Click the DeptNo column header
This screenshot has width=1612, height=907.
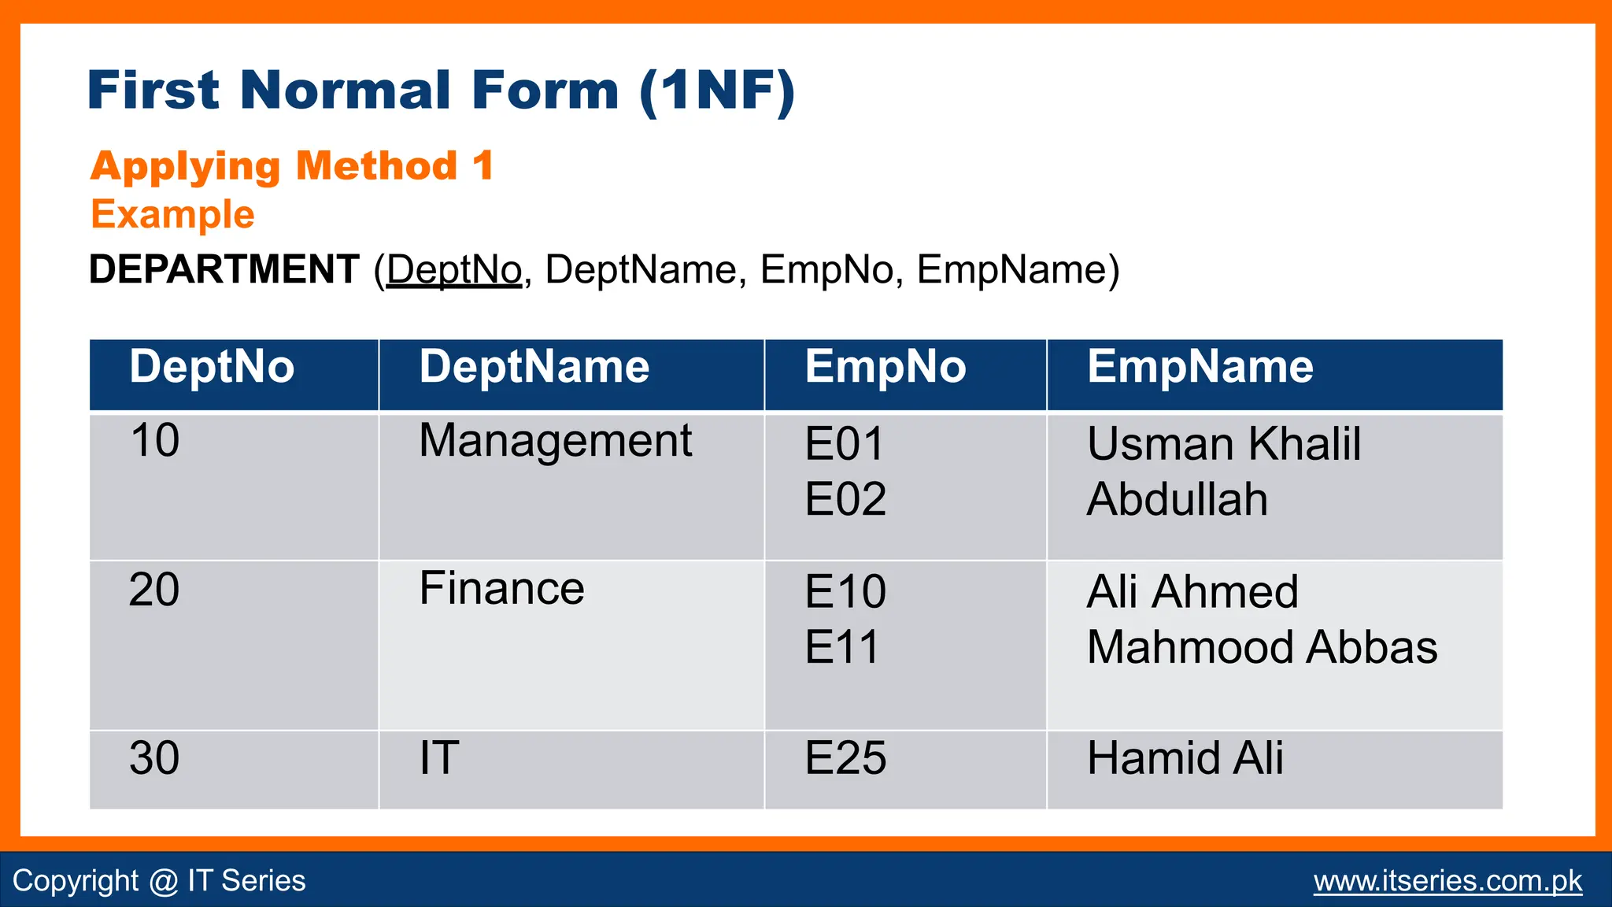(x=212, y=368)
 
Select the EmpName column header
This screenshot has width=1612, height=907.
(x=1200, y=368)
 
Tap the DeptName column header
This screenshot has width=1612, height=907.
(x=534, y=368)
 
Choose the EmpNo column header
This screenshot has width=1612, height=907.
(x=885, y=368)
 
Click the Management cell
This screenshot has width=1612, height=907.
(x=555, y=441)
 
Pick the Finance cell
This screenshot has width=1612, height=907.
(x=501, y=589)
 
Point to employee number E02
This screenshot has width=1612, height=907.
(x=845, y=499)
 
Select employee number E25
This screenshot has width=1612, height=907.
(x=845, y=758)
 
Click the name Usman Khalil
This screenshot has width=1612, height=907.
(x=1223, y=444)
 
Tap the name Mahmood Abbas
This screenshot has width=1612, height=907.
(x=1262, y=647)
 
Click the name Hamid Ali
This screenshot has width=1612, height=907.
(x=1185, y=758)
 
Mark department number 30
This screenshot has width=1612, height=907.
(x=154, y=758)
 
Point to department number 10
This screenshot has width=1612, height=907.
(x=154, y=440)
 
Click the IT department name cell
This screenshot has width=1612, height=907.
(x=438, y=758)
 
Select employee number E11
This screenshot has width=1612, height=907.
(x=841, y=647)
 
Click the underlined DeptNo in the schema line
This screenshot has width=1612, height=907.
(x=454, y=270)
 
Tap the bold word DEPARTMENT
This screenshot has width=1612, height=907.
(x=224, y=270)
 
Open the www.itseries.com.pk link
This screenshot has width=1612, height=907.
(x=1447, y=881)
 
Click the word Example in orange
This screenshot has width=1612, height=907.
(x=172, y=214)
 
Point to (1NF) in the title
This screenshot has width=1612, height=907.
(x=716, y=91)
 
